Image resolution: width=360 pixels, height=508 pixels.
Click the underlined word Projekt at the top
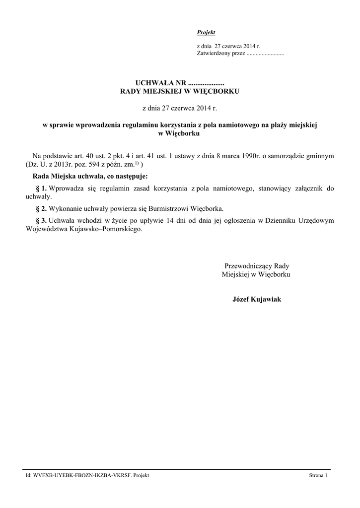(206, 32)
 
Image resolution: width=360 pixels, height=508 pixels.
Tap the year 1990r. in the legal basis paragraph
(246, 156)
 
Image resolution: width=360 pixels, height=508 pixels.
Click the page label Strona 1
(318, 475)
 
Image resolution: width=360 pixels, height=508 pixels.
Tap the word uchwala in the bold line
(84, 176)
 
